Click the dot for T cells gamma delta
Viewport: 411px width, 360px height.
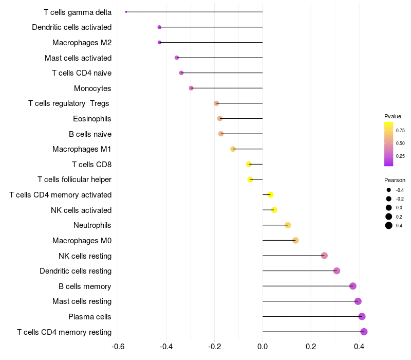[126, 12]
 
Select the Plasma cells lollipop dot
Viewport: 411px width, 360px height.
[362, 316]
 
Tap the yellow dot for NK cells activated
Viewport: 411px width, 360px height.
[274, 210]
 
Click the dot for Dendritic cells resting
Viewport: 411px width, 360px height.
[337, 271]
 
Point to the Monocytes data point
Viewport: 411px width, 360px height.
[191, 88]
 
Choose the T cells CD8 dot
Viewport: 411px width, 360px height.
[249, 164]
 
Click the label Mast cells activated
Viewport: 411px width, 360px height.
[78, 58]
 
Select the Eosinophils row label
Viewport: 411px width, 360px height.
[92, 119]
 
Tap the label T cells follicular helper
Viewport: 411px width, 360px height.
[74, 179]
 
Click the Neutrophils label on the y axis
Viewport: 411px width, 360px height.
[92, 225]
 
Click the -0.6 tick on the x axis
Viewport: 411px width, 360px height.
[118, 347]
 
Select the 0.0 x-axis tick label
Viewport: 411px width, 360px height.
[263, 347]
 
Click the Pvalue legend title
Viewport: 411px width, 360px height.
[393, 116]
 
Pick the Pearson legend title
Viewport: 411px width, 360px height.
[395, 180]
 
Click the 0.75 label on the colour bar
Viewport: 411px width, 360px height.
[400, 130]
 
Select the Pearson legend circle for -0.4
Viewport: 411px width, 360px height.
[389, 190]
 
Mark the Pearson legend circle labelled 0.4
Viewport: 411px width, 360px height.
[389, 225]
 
